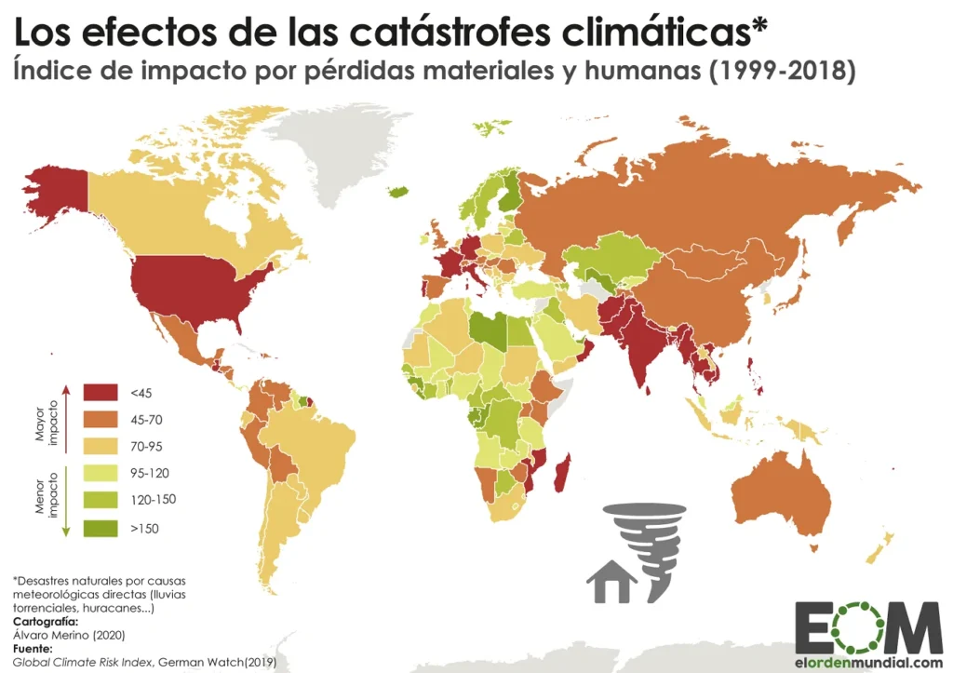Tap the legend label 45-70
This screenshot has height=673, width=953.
tap(146, 419)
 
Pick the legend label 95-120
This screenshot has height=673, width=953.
tap(150, 473)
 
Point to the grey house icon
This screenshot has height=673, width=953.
tap(611, 585)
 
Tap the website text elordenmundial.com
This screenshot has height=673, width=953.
tap(868, 661)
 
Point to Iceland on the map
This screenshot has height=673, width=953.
tap(399, 191)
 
